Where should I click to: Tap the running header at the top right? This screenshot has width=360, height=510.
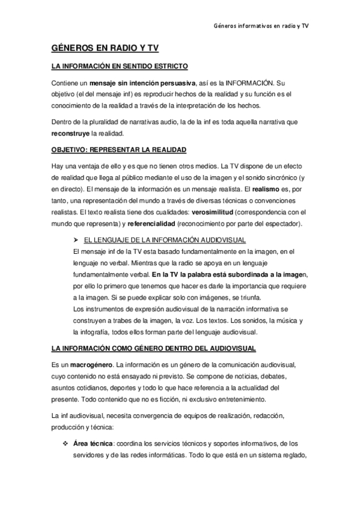click(261, 26)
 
